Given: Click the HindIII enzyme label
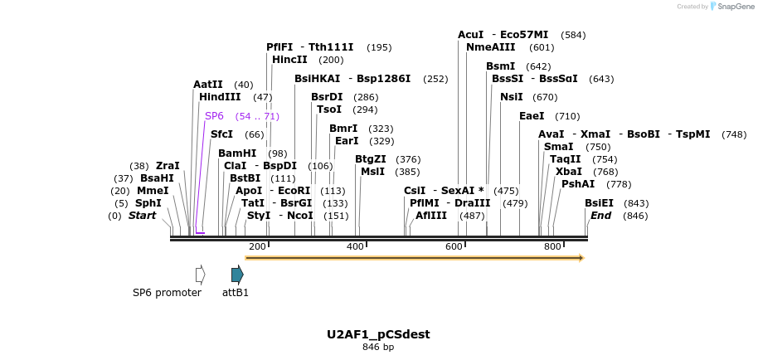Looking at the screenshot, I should coord(220,97).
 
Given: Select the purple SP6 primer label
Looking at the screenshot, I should coord(214,115).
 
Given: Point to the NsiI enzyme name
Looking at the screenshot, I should coord(512,97).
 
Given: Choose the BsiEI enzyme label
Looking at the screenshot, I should coord(599,202).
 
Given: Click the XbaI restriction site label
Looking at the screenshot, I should coord(568,171).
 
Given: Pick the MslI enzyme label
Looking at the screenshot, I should coord(372,171).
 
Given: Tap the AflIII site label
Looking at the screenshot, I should coord(431,216).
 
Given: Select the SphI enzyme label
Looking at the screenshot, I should coord(148,202).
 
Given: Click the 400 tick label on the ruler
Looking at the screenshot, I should coord(355,246).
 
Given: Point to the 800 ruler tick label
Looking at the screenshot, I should coord(552,246).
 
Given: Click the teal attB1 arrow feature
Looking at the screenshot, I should coord(237,275).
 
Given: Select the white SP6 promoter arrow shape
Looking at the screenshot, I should coord(200,275).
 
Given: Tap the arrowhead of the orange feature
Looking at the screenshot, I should coord(581,258).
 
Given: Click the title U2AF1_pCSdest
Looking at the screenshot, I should coord(378,334).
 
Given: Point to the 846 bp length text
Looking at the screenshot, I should coord(378,347).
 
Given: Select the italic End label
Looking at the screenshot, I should coord(600,216).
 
